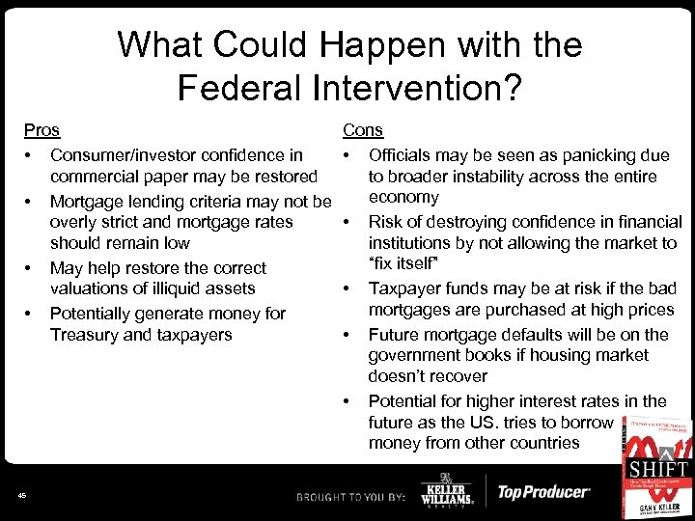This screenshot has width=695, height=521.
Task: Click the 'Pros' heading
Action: pyautogui.click(x=42, y=130)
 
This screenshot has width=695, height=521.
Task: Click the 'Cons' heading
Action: pyautogui.click(x=362, y=130)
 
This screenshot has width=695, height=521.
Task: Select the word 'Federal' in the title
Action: pyautogui.click(x=234, y=89)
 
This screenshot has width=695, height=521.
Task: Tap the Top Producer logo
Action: pyautogui.click(x=542, y=492)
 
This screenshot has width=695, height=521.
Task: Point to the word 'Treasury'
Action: pyautogui.click(x=85, y=335)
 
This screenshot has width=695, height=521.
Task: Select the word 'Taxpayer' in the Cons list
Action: pyautogui.click(x=404, y=288)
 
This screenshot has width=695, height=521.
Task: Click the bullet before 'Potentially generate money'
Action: pyautogui.click(x=30, y=314)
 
